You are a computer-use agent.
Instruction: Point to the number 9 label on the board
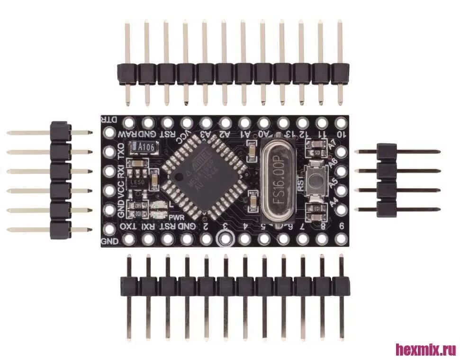341,225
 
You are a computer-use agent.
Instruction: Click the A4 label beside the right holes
334,201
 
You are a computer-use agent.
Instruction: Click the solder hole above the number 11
322,123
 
